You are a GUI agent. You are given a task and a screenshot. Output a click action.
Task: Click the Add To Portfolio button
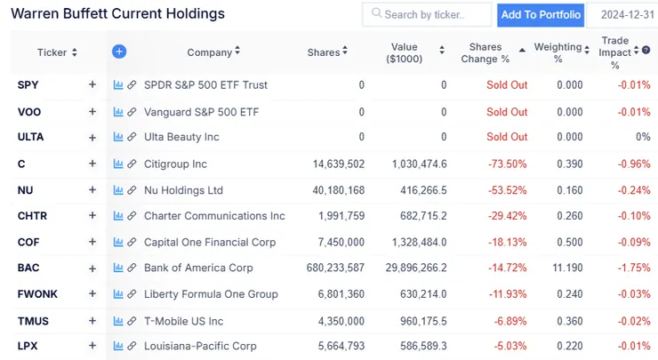tap(541, 14)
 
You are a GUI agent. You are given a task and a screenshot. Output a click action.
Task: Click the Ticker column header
tap(52, 52)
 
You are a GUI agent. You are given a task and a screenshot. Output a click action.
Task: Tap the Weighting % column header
tap(558, 52)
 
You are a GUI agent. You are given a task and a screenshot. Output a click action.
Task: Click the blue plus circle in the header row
tap(119, 52)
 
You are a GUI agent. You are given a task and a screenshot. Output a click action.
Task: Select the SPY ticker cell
tap(28, 85)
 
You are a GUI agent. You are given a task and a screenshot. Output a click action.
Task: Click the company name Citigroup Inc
tap(175, 164)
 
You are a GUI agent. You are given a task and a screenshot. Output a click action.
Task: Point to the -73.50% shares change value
tap(508, 164)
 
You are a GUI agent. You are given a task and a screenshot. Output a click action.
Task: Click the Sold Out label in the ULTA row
tap(507, 137)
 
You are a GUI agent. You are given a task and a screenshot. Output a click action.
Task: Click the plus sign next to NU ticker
tap(92, 190)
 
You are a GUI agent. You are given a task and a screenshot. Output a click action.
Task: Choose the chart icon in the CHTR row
tap(118, 216)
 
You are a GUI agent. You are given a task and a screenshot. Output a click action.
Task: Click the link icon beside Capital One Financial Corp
tap(132, 242)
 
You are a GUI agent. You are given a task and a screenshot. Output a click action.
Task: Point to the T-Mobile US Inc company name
tap(183, 321)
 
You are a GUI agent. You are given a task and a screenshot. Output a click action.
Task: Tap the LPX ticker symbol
tap(29, 347)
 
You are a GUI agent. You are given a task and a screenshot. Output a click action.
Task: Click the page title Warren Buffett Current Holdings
tap(117, 14)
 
